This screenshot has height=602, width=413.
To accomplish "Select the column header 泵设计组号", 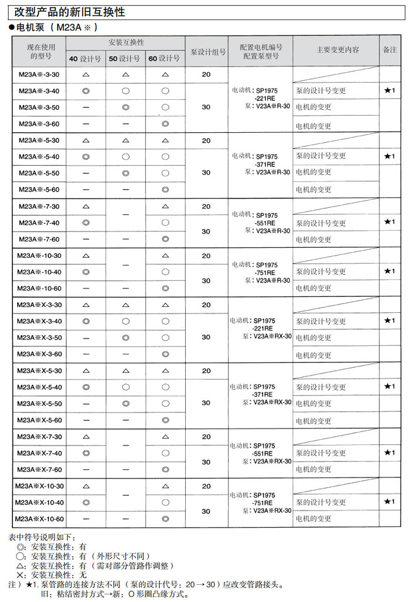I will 206,51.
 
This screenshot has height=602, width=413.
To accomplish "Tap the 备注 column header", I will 389,51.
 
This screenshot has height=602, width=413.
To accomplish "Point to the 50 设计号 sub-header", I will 125,58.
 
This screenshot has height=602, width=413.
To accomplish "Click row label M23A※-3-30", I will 39,75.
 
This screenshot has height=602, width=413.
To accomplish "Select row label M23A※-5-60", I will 39,189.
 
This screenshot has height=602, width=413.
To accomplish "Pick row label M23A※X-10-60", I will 39,519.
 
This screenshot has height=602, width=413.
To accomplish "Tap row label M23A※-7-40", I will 39,223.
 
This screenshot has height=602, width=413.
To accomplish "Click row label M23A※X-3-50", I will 39,338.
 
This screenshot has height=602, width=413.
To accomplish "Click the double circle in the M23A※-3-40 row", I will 86,91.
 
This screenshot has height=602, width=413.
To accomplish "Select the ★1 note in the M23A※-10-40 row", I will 389,271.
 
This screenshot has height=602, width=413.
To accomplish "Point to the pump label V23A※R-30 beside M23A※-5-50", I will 271,172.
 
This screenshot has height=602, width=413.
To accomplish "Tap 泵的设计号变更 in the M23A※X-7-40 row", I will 321,453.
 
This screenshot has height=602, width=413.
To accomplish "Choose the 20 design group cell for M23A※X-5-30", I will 206,371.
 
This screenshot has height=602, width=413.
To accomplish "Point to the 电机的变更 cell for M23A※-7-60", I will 314,240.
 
